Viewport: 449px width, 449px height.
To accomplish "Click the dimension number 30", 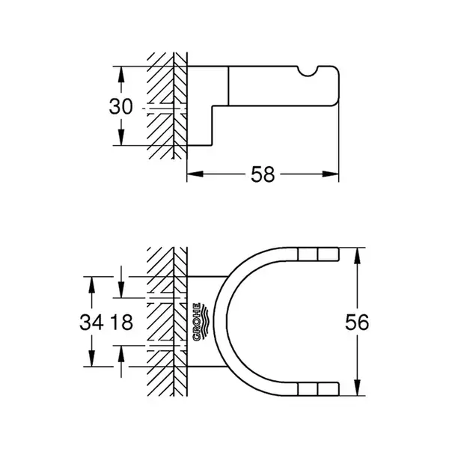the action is (x=120, y=106).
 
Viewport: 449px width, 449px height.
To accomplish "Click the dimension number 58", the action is (x=263, y=174).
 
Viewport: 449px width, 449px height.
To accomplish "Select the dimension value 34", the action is (x=91, y=322).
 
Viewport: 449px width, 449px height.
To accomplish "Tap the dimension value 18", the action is (x=122, y=322).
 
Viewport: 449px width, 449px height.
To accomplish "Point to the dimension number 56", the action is (x=357, y=322).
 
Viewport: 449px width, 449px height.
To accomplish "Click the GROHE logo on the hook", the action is (x=201, y=322).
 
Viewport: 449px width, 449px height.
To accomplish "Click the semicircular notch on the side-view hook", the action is (x=308, y=71).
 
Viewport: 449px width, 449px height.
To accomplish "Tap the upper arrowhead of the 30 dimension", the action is (x=121, y=75).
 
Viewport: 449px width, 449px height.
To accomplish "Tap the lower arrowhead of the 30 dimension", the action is (x=121, y=137).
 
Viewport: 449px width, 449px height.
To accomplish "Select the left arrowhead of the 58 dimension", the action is (x=195, y=174).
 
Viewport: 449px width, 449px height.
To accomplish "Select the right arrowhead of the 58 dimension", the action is (x=331, y=174).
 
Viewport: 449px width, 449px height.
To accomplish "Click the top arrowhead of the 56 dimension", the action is (x=357, y=256).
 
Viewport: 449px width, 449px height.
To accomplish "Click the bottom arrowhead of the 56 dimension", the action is (x=357, y=388).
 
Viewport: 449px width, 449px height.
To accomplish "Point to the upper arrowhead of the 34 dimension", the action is (x=91, y=285).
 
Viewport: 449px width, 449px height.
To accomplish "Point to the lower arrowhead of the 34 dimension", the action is (x=91, y=358).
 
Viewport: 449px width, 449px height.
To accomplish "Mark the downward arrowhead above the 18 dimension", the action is (x=121, y=290).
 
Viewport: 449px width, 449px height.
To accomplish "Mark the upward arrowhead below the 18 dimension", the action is (x=121, y=354).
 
